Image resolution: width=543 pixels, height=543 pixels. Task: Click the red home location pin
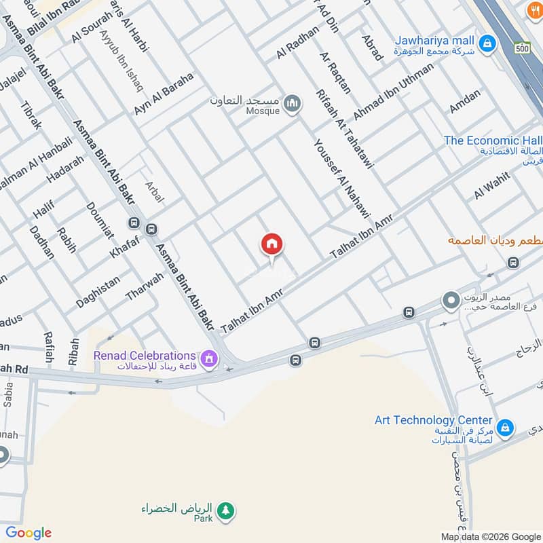point(271,245)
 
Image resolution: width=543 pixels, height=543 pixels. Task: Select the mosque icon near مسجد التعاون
point(293,103)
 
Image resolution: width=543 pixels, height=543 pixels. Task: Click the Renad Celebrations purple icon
point(209,356)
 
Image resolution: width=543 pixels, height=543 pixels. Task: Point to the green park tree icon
point(225,509)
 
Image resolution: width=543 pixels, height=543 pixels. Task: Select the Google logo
point(29,533)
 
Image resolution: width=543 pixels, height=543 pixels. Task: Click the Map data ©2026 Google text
point(490,536)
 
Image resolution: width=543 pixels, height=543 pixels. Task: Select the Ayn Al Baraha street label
point(164,93)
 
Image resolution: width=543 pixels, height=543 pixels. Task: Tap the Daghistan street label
point(98,292)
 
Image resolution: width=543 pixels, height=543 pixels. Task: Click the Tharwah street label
point(145,286)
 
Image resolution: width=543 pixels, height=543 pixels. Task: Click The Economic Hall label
point(493,141)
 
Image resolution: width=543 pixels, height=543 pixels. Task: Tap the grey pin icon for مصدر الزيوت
point(450,299)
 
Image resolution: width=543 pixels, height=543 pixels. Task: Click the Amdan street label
point(464,102)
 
